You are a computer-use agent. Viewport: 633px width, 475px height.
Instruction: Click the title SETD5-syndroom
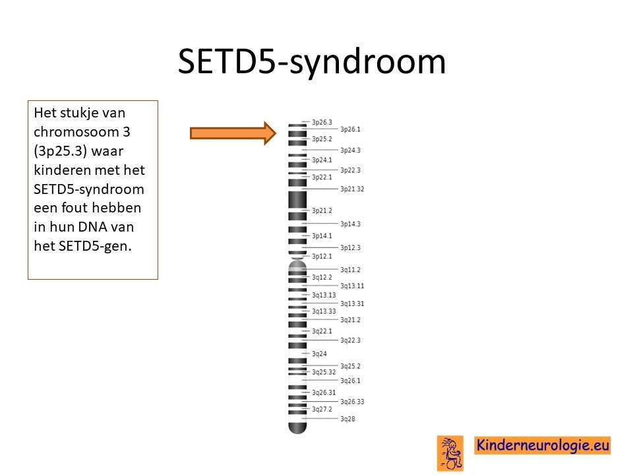pyautogui.click(x=312, y=62)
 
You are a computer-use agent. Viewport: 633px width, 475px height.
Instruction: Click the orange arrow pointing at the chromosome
pyautogui.click(x=233, y=133)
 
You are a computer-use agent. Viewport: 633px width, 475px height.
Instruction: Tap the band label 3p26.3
pyautogui.click(x=322, y=122)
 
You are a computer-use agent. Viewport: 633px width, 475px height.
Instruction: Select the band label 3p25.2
pyautogui.click(x=322, y=139)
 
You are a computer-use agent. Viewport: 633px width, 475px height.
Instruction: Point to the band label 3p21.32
pyautogui.click(x=352, y=189)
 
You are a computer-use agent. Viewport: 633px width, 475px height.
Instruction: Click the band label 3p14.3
pyautogui.click(x=350, y=224)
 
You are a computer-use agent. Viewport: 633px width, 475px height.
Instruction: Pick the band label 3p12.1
pyautogui.click(x=322, y=256)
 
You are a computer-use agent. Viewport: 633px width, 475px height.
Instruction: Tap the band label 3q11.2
pyautogui.click(x=350, y=269)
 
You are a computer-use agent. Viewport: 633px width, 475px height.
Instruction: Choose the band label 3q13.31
pyautogui.click(x=352, y=303)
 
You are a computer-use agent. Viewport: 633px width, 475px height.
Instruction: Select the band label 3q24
pyautogui.click(x=319, y=354)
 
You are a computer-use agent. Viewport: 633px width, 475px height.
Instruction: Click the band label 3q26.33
pyautogui.click(x=352, y=402)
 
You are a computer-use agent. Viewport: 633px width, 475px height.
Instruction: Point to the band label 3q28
pyautogui.click(x=347, y=419)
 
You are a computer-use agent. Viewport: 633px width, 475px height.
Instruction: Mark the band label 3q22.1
pyautogui.click(x=322, y=331)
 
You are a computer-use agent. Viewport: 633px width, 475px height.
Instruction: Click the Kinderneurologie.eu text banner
pyautogui.click(x=542, y=445)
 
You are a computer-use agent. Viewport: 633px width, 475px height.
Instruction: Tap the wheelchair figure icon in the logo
pyautogui.click(x=450, y=453)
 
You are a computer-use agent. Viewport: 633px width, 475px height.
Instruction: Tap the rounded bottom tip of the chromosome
pyautogui.click(x=297, y=429)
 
